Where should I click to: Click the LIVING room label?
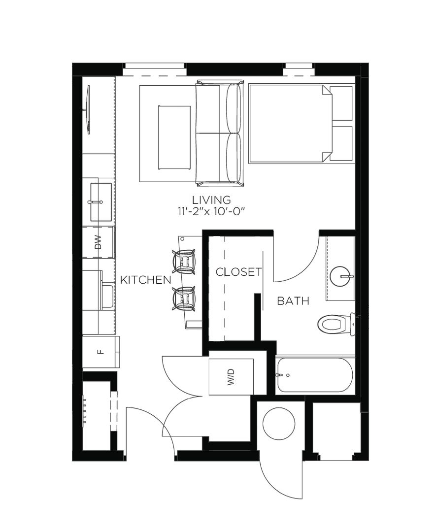pos(211,199)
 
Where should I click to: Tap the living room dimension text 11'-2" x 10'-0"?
pos(211,211)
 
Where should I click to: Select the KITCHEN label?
pos(146,280)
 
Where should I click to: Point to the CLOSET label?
pos(239,272)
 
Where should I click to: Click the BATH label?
pos(293,300)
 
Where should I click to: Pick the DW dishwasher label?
pos(98,242)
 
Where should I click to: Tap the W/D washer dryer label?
pos(231,377)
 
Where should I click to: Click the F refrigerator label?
pos(100,352)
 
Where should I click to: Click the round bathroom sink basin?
pos(339,276)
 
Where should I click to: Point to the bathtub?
pos(315,375)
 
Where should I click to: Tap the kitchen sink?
pos(101,202)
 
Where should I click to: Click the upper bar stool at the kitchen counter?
pos(184,262)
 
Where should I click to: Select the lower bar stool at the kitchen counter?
pos(184,299)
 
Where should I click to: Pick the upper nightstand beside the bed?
pos(342,103)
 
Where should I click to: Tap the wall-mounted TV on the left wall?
pos(88,110)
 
